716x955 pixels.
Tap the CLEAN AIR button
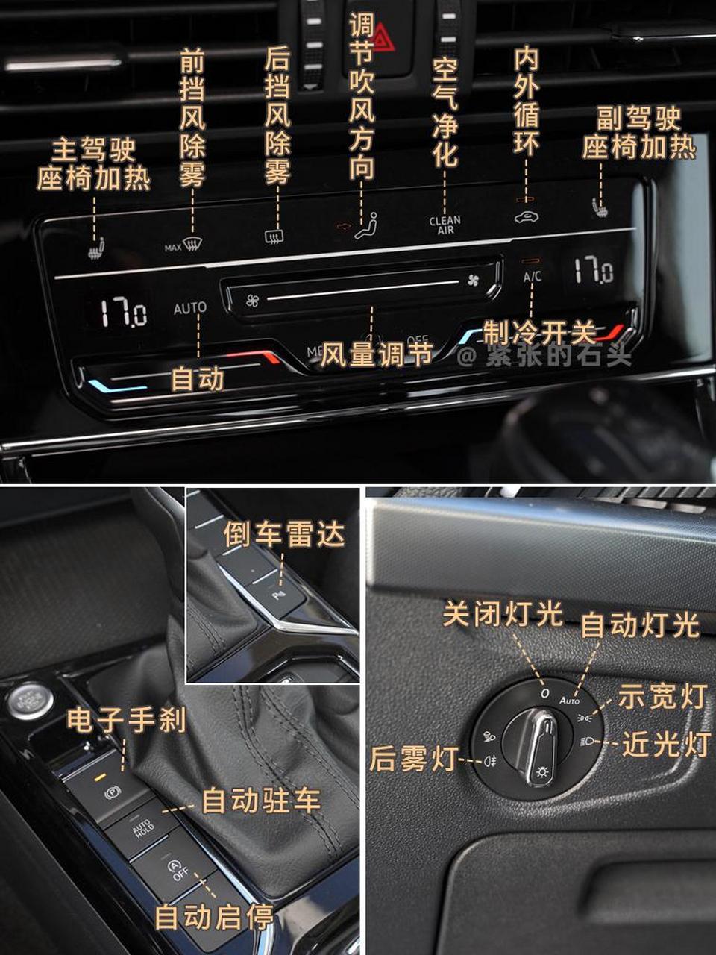pos(445,225)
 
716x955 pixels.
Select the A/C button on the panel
pos(532,277)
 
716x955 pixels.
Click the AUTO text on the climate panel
pos(189,307)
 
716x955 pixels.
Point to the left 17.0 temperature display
pos(124,311)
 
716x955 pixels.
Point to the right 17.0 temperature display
pos(593,270)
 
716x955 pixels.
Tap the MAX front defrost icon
pos(183,245)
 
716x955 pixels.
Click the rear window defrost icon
pos(274,237)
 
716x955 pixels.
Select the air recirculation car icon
pos(526,217)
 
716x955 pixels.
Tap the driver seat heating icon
pos(95,249)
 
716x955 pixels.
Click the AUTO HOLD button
pos(143,827)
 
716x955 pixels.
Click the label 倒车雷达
pos(284,534)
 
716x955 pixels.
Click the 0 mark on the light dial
pos(545,693)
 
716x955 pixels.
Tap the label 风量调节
pos(377,355)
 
